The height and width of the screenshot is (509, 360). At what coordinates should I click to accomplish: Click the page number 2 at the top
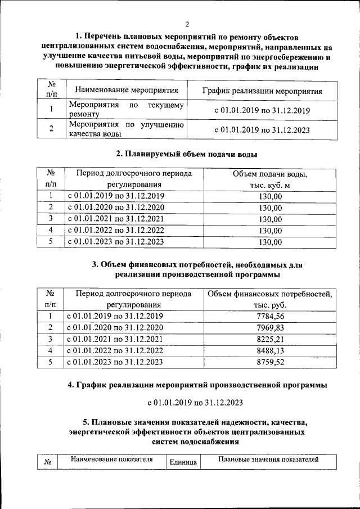point(187,24)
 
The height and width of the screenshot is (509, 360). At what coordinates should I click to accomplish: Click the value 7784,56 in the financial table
point(270,316)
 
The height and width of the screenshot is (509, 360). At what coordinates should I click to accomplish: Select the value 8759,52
point(270,363)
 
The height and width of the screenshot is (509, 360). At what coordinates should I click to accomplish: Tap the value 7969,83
point(270,327)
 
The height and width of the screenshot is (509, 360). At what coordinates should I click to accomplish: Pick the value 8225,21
point(270,339)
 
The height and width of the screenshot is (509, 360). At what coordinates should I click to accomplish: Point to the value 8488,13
point(270,351)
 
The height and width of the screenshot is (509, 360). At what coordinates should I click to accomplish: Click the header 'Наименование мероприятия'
point(127,90)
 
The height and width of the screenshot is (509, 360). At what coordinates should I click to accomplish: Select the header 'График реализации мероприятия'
point(262,91)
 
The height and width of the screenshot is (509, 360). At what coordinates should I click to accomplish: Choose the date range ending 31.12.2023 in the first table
point(262,129)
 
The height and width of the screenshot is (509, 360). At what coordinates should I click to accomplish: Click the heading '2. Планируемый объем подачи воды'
point(187,154)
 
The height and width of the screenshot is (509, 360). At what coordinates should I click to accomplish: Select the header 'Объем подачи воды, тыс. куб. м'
point(270,179)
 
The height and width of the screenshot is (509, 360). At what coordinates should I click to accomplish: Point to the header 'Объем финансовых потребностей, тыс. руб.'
point(270,299)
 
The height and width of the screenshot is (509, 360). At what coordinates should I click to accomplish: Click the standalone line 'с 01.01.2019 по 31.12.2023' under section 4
point(195,402)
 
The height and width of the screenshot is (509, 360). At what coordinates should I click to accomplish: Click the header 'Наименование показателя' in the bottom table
point(112,460)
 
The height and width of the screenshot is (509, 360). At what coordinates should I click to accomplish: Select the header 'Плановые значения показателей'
point(269,460)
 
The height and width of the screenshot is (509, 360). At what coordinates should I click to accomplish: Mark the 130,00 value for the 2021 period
point(270,219)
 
